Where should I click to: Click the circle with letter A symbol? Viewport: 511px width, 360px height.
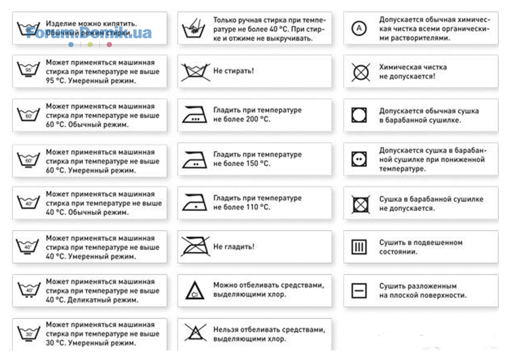(359, 29)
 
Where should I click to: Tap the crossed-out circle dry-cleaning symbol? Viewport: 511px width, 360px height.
(360, 72)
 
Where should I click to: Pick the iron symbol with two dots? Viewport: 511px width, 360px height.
(195, 160)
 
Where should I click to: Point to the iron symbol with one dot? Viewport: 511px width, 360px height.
(195, 203)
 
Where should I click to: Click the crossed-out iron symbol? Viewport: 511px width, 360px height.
(195, 246)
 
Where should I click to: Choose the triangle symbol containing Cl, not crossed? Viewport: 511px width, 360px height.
(194, 290)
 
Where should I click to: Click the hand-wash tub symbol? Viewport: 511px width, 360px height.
(194, 29)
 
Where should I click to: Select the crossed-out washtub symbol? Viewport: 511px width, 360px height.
(194, 72)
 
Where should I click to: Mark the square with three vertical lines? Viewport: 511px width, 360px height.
(359, 247)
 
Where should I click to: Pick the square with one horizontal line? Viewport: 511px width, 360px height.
(359, 290)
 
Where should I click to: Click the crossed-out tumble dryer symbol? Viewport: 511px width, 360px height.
(360, 204)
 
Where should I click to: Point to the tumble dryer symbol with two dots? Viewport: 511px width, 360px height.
(359, 159)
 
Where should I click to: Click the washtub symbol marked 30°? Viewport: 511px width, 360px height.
(28, 333)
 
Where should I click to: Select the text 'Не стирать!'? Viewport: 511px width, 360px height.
(233, 71)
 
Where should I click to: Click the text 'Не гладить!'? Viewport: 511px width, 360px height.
(234, 247)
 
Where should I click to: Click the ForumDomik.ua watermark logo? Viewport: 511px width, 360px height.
(89, 33)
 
